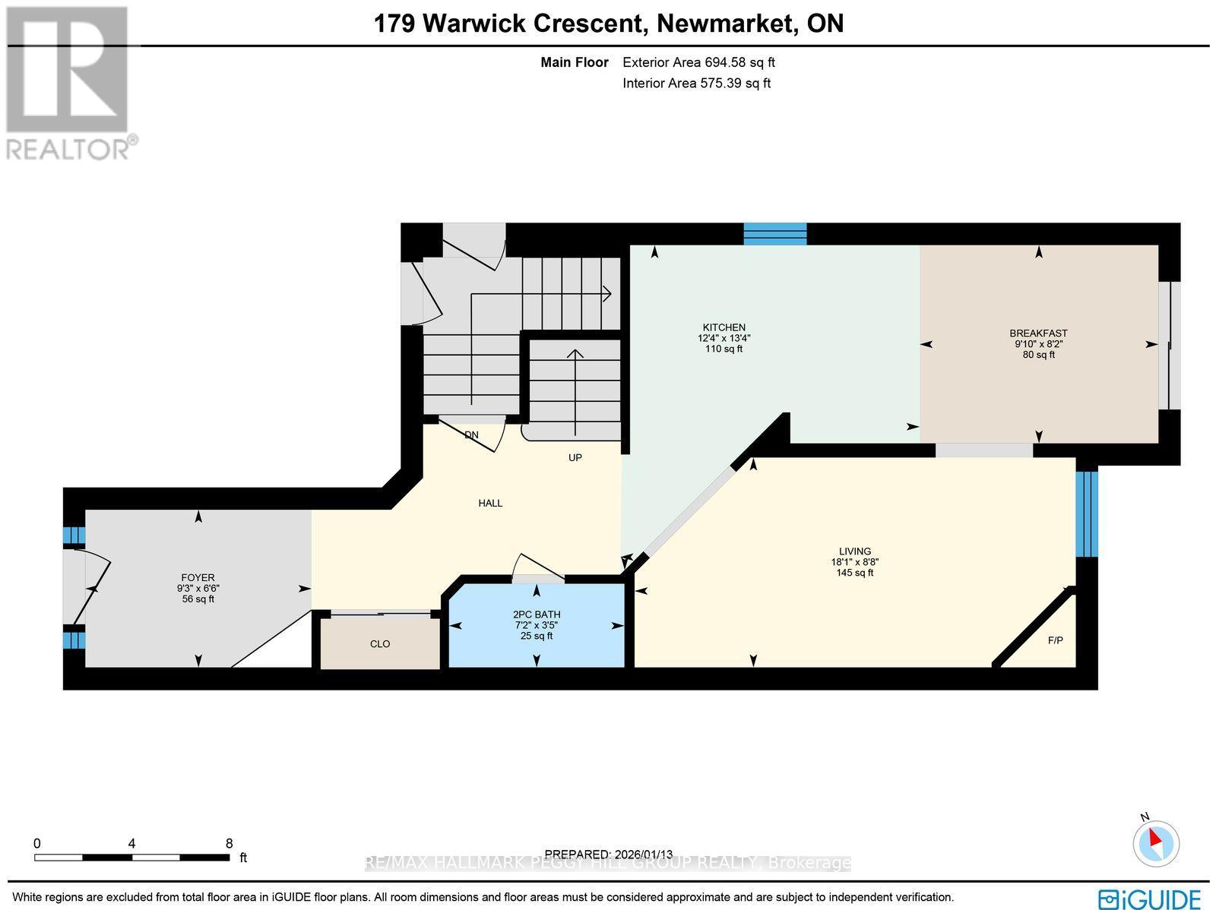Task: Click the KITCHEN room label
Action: (724, 327)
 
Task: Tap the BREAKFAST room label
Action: (1038, 333)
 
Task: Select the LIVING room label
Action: (854, 551)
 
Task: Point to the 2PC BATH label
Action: (537, 615)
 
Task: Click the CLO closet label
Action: (380, 644)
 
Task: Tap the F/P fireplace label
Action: (1055, 640)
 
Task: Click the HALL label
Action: (490, 503)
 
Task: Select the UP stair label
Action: (575, 458)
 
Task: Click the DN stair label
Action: (472, 435)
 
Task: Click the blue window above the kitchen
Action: (774, 234)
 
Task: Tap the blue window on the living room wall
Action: (1087, 513)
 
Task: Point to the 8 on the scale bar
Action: (229, 843)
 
